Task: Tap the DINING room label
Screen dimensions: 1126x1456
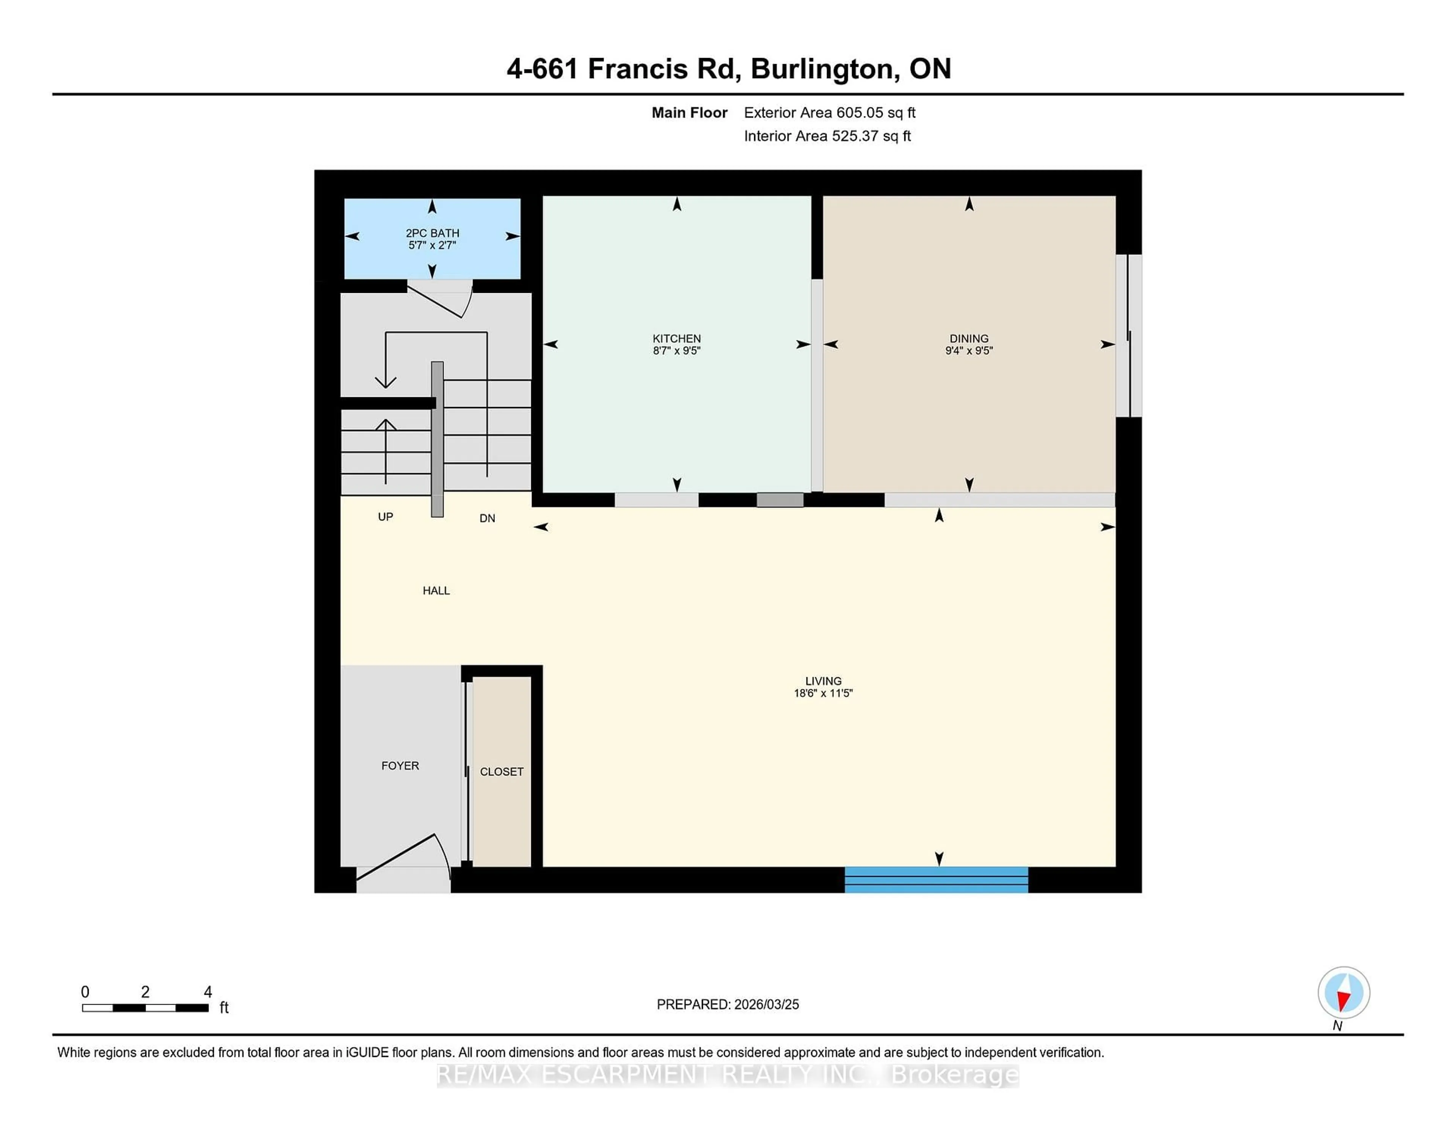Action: pos(969,338)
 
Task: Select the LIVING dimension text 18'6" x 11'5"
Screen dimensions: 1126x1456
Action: pos(823,693)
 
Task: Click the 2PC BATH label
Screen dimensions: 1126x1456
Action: pos(432,233)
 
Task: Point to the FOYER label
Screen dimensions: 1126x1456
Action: pos(400,766)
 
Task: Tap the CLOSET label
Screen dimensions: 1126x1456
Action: pos(501,772)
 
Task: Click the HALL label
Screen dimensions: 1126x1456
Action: pos(436,590)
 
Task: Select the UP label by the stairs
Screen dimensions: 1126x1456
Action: pos(385,517)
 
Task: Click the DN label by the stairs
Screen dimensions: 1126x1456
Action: pos(487,518)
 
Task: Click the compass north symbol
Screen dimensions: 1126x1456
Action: pos(1343,992)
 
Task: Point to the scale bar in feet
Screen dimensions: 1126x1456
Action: pos(145,1007)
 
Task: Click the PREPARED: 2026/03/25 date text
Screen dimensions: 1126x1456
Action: pos(727,1005)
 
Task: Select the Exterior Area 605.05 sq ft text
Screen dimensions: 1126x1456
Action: pos(829,113)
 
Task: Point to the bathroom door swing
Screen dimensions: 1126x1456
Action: pos(440,299)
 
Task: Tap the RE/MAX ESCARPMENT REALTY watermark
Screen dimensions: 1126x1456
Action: pos(727,1075)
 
